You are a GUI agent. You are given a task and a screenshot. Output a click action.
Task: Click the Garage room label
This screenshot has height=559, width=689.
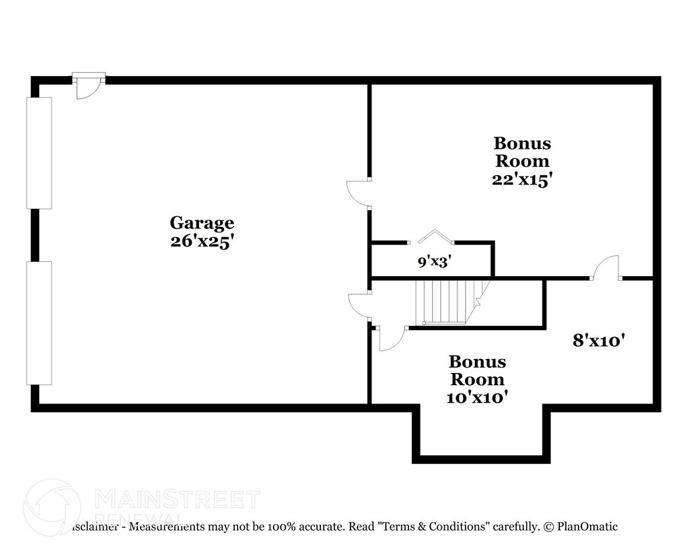pos(201,222)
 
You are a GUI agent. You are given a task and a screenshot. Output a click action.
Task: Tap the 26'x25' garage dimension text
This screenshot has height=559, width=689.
pos(201,242)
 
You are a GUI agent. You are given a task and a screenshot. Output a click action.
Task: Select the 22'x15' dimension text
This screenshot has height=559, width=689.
pos(523,180)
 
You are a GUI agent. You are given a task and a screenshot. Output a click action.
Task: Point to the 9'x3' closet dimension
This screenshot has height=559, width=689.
pos(434,261)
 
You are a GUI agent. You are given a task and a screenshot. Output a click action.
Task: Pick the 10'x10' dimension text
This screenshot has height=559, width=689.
pos(477,397)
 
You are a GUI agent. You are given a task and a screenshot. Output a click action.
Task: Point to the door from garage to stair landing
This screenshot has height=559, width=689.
pos(360,306)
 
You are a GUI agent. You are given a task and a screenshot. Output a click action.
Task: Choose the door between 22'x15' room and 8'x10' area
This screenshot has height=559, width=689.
pos(606,268)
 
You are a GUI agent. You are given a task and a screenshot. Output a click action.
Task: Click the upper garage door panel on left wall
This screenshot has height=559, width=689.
pos(39,153)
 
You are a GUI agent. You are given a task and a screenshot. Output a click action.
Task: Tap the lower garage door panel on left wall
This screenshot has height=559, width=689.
pos(39,323)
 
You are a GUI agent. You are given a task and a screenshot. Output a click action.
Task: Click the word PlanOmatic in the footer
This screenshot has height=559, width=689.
pos(586,527)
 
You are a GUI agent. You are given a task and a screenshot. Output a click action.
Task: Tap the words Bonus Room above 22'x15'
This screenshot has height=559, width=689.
pos(523,152)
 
